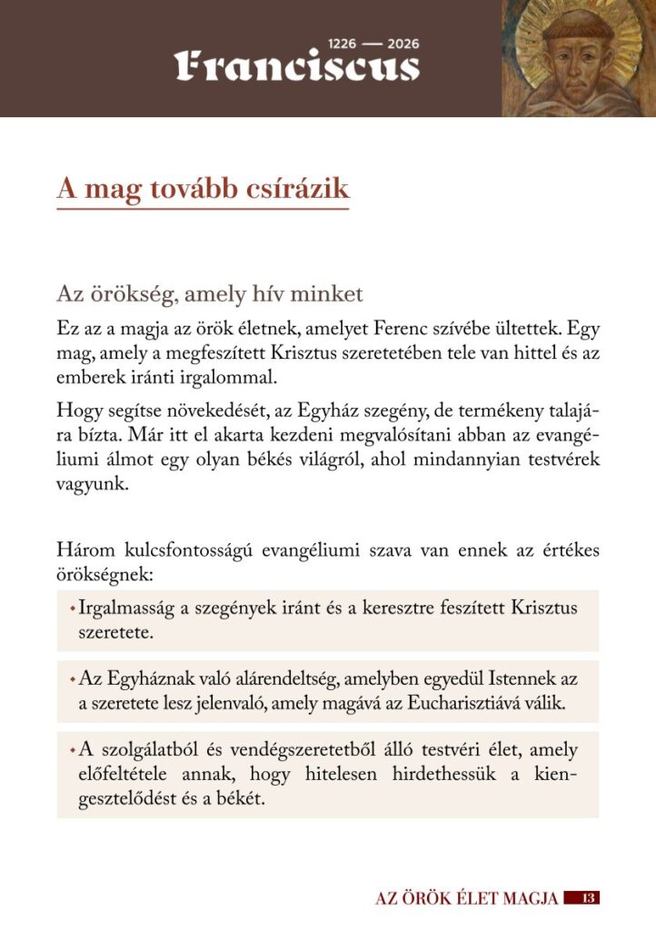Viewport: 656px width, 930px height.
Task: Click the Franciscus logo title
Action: (297, 66)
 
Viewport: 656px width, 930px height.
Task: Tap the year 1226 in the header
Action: (343, 43)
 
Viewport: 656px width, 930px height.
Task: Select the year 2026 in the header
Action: (403, 43)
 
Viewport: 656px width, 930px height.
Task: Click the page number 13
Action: (587, 898)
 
